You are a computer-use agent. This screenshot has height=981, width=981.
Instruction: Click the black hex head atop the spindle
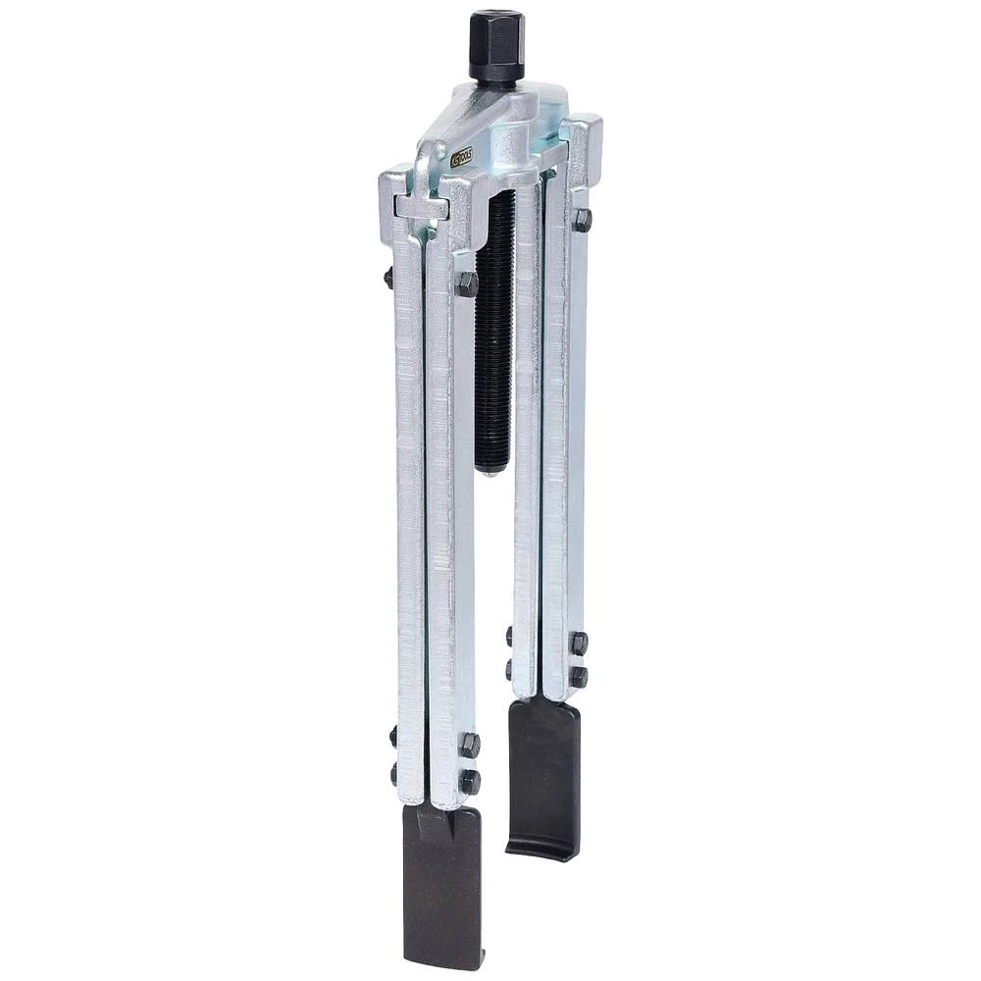[496, 45]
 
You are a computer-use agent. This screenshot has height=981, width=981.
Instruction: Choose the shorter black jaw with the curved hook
[542, 775]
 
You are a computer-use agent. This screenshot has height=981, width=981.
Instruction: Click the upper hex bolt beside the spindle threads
[467, 284]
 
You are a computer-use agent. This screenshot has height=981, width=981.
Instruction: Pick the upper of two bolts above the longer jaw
[470, 745]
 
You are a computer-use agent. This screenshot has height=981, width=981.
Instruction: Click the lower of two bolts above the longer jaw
[470, 781]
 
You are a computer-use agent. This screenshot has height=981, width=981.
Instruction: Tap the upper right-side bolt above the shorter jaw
[579, 643]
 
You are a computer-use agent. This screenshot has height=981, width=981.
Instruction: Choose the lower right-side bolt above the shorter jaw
[579, 677]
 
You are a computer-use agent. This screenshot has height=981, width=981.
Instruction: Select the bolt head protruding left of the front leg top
[388, 278]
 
